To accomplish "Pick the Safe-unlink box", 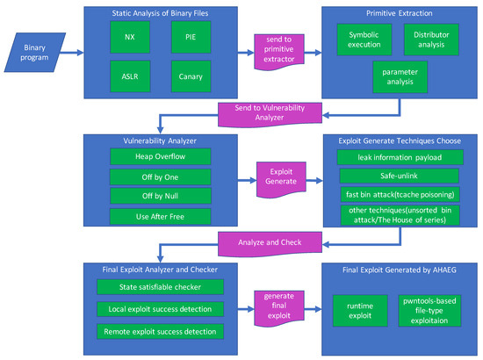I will [400, 176].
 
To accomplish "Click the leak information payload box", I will [400, 157].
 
